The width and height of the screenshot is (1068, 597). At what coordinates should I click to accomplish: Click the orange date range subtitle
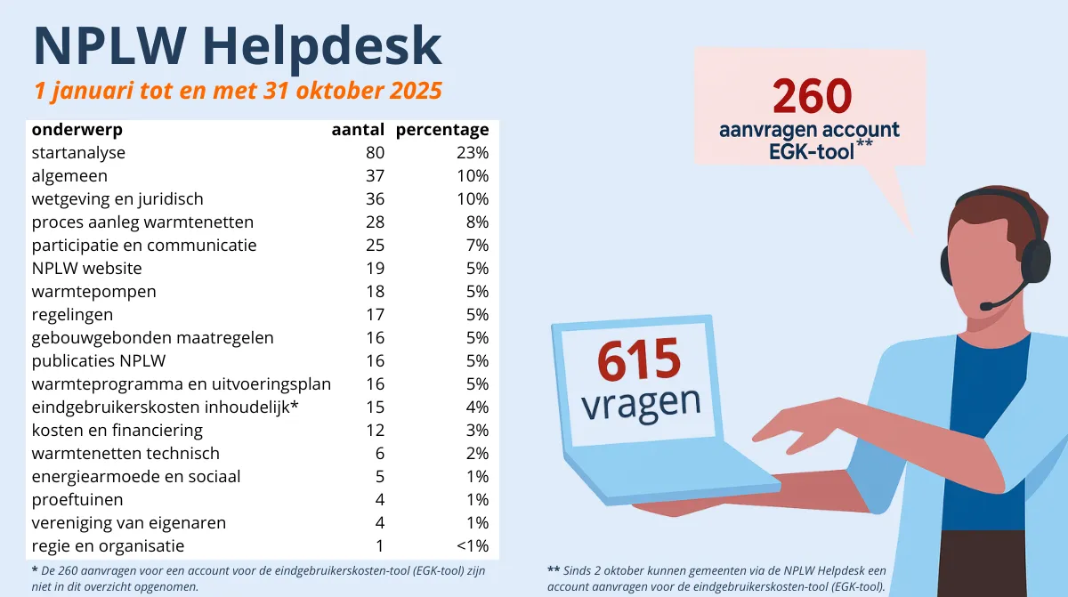(237, 92)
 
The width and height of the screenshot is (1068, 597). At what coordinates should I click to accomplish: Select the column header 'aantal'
(358, 130)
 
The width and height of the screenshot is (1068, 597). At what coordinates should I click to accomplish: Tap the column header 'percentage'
(442, 130)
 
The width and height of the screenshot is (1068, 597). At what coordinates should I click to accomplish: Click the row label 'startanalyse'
(78, 153)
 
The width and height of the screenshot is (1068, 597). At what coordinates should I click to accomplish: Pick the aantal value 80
(375, 153)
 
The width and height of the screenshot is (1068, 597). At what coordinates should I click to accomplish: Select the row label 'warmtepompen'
(93, 292)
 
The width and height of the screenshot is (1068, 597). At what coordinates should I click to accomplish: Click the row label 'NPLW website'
(86, 269)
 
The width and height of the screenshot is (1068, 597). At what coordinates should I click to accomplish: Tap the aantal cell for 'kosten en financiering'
(376, 431)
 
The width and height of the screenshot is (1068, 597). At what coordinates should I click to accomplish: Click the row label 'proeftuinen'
(77, 500)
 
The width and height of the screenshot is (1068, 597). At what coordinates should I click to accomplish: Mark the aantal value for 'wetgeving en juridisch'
(375, 199)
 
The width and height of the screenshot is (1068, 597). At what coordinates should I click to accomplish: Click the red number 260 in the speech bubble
(812, 97)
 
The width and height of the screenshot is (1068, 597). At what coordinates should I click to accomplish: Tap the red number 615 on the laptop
(639, 362)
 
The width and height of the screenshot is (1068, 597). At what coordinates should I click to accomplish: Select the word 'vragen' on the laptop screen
(641, 402)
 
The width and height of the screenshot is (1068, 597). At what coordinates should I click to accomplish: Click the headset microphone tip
(987, 305)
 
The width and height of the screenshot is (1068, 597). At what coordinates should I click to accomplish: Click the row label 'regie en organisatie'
(108, 546)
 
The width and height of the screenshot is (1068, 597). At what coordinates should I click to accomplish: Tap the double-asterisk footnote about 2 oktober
(716, 577)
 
